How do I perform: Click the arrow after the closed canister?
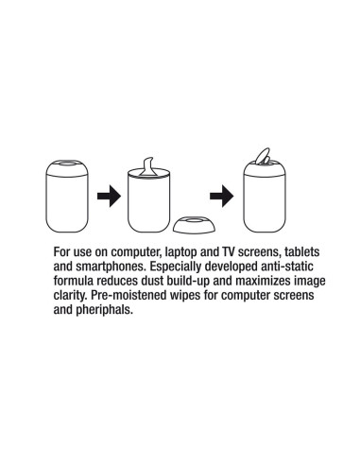coord(109,196)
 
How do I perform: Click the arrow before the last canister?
coord(222,196)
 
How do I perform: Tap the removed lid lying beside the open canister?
coord(195,224)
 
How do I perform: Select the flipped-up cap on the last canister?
coord(263,156)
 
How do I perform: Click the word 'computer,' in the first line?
coord(137,252)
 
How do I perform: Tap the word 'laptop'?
coord(181,252)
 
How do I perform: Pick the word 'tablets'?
coord(302,251)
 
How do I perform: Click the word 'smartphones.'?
coord(111,267)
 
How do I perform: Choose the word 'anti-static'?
coord(287,267)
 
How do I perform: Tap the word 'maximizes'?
coord(264,281)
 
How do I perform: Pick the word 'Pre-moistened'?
coord(129,296)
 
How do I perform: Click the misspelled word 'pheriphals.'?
coord(104,310)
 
